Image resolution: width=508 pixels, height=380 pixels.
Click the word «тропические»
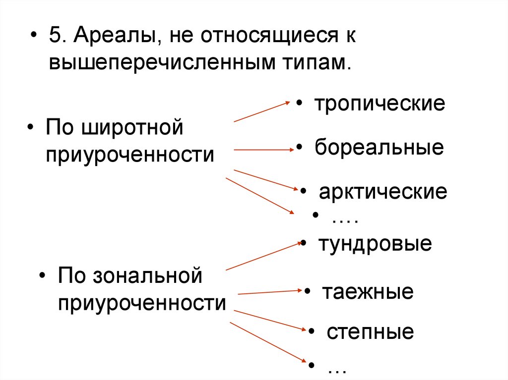click(x=380, y=104)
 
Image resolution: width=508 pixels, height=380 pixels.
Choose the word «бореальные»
click(x=379, y=148)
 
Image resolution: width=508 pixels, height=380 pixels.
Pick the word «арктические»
click(x=383, y=192)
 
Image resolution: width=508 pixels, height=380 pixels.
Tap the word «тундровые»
click(x=375, y=244)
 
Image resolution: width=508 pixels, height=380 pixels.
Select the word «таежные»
click(x=368, y=292)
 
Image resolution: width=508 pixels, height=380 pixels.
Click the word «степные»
click(x=370, y=332)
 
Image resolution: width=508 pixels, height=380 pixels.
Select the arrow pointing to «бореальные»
click(x=262, y=149)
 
